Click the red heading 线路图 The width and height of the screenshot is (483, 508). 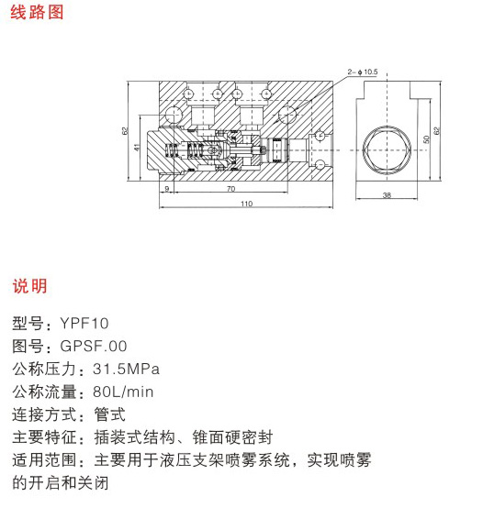[x=37, y=12]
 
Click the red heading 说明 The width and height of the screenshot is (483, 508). [x=29, y=286]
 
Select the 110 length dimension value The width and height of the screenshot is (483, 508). [x=246, y=204]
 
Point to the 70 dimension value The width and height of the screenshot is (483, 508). [x=231, y=189]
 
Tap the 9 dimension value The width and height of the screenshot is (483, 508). [x=167, y=189]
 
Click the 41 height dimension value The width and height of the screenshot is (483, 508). [x=137, y=147]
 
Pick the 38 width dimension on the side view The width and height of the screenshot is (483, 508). [x=387, y=195]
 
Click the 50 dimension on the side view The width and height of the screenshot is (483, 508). [x=426, y=139]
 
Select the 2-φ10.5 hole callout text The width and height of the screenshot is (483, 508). [x=363, y=72]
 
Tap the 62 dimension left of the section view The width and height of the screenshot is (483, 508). [x=125, y=131]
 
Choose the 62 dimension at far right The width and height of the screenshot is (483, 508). [x=436, y=130]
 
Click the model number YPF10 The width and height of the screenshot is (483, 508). [x=84, y=324]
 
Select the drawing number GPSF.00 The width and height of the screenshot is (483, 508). [x=94, y=346]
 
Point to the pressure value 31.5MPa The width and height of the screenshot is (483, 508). [x=126, y=369]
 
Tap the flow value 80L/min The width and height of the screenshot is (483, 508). [x=123, y=392]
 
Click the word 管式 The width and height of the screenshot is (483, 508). [x=109, y=414]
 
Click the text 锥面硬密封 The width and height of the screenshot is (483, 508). [x=232, y=437]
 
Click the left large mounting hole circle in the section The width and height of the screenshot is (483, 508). [x=174, y=115]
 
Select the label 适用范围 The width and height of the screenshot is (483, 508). [x=44, y=460]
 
